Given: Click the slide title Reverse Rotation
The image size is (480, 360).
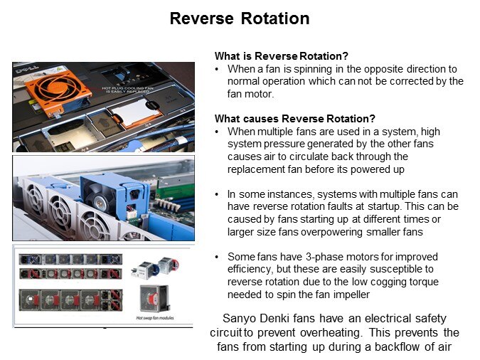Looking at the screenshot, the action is (x=240, y=18).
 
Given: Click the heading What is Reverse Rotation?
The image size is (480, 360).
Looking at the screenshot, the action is (x=282, y=56).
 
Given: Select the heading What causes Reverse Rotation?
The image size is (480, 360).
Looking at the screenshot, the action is (x=295, y=119).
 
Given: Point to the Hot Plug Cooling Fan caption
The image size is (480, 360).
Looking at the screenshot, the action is (x=127, y=90).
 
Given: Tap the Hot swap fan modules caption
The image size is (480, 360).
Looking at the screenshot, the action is (x=155, y=318).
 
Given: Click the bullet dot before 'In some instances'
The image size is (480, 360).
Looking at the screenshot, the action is (x=217, y=194).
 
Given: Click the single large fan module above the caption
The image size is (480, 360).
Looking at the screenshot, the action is (x=154, y=298).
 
